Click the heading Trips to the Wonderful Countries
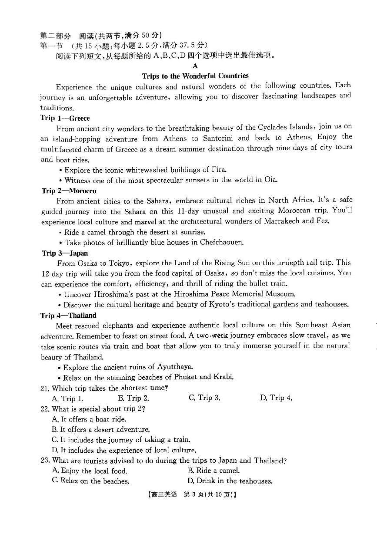click(x=195, y=76)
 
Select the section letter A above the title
click(x=195, y=66)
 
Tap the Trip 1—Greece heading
click(x=65, y=118)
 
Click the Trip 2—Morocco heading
click(x=69, y=191)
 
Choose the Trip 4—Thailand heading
click(x=68, y=316)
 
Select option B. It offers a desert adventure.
click(x=100, y=430)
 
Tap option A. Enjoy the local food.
click(x=90, y=471)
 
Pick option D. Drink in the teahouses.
click(x=230, y=481)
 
